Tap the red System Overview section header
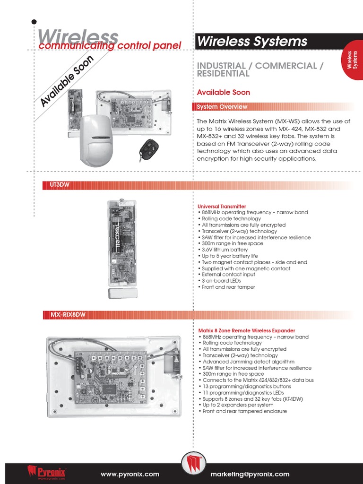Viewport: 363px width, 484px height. pos(222,107)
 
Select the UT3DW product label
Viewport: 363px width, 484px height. pos(60,185)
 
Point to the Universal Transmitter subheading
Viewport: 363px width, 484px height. pos(222,207)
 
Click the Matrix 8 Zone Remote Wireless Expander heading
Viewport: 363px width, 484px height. pos(246,331)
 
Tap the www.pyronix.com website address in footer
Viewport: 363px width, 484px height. pos(130,474)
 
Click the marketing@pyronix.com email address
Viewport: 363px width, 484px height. pos(250,474)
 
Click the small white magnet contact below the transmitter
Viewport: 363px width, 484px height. pos(122,293)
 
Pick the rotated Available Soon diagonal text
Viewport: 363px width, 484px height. pos(67,81)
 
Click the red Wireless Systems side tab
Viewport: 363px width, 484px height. pos(353,60)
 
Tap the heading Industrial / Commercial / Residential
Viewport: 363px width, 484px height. pos(260,69)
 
